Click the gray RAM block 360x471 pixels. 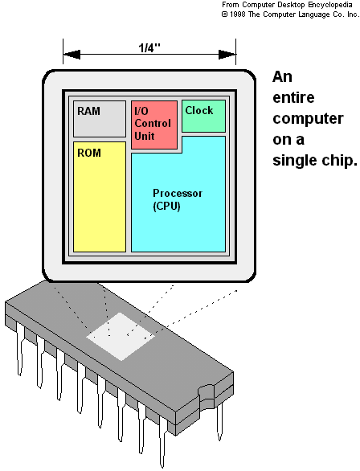pos(100,119)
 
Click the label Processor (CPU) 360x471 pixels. pos(177,199)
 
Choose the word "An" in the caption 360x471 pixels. pos(283,77)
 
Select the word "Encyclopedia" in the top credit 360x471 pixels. pos(325,5)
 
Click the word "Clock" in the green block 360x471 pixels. pos(198,109)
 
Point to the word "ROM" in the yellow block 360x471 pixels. pos(89,151)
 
